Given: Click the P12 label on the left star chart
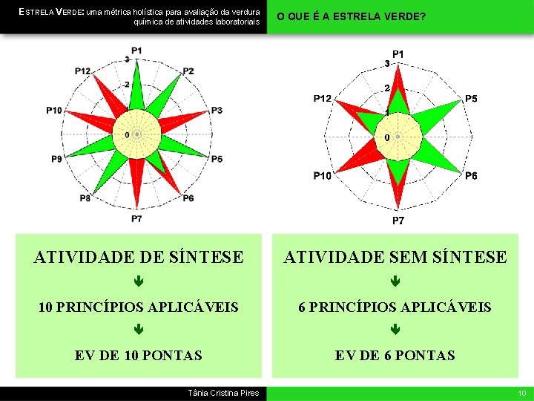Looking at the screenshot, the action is [82, 71].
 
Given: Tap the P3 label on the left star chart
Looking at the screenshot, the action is [217, 111].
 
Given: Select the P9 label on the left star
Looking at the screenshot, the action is [57, 159].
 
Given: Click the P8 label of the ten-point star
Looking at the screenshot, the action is [85, 198].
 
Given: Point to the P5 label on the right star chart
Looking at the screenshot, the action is [471, 99].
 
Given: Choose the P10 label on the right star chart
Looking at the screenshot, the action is [322, 176].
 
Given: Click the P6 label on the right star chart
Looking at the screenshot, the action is [471, 176].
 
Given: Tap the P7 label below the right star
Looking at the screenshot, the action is [398, 221].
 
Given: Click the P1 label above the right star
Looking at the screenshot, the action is [398, 54].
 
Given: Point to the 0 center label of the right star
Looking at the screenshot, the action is [388, 138].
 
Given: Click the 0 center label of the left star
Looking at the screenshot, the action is [127, 134].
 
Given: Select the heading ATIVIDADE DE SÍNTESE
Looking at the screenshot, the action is [138, 258].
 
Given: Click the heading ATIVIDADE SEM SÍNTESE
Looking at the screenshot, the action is [395, 258].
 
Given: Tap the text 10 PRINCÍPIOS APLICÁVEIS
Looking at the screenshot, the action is [138, 307].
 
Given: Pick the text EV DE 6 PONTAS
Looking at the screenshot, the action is [395, 356].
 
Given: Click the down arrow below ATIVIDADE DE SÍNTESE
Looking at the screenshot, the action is [138, 282].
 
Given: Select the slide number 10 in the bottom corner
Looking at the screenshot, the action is [521, 393].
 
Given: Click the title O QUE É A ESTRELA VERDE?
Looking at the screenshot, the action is [352, 16].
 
